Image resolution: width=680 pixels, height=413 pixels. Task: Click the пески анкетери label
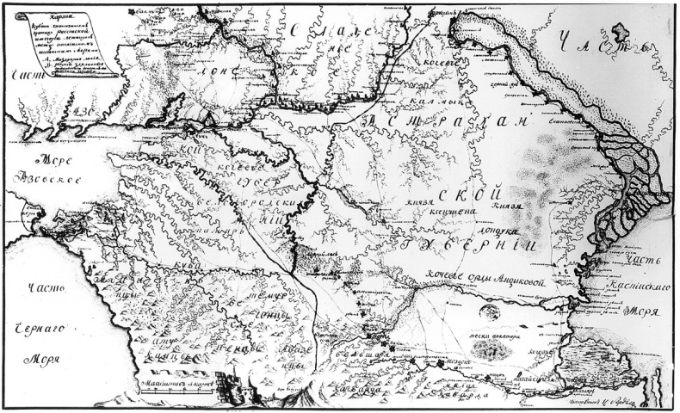[491, 326]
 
